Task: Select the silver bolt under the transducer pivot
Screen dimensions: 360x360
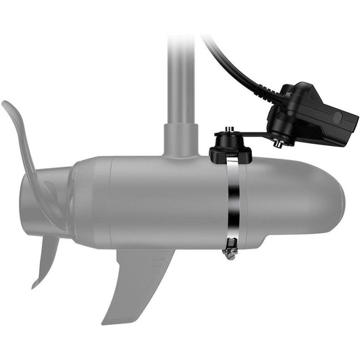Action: click(x=277, y=143)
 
